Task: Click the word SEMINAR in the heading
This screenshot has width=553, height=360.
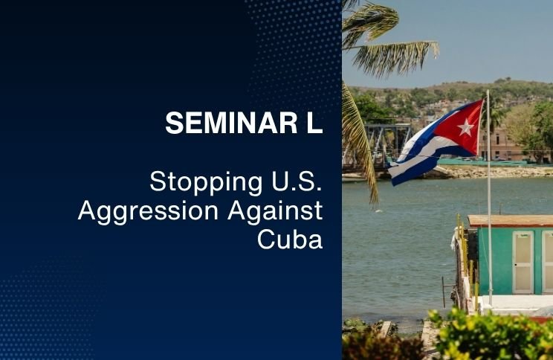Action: pos(231,123)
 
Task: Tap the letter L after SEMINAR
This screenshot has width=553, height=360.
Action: pos(314,123)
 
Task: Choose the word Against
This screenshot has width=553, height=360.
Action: pos(276,210)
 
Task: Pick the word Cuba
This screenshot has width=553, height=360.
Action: pos(290,240)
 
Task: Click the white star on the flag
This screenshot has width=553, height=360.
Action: pos(465,128)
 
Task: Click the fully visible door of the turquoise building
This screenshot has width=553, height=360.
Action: pos(523,263)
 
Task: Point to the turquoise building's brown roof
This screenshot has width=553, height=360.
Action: pos(511,221)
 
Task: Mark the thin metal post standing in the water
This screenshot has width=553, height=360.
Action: pos(444,292)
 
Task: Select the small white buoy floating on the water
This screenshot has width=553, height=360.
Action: pos(379,210)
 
